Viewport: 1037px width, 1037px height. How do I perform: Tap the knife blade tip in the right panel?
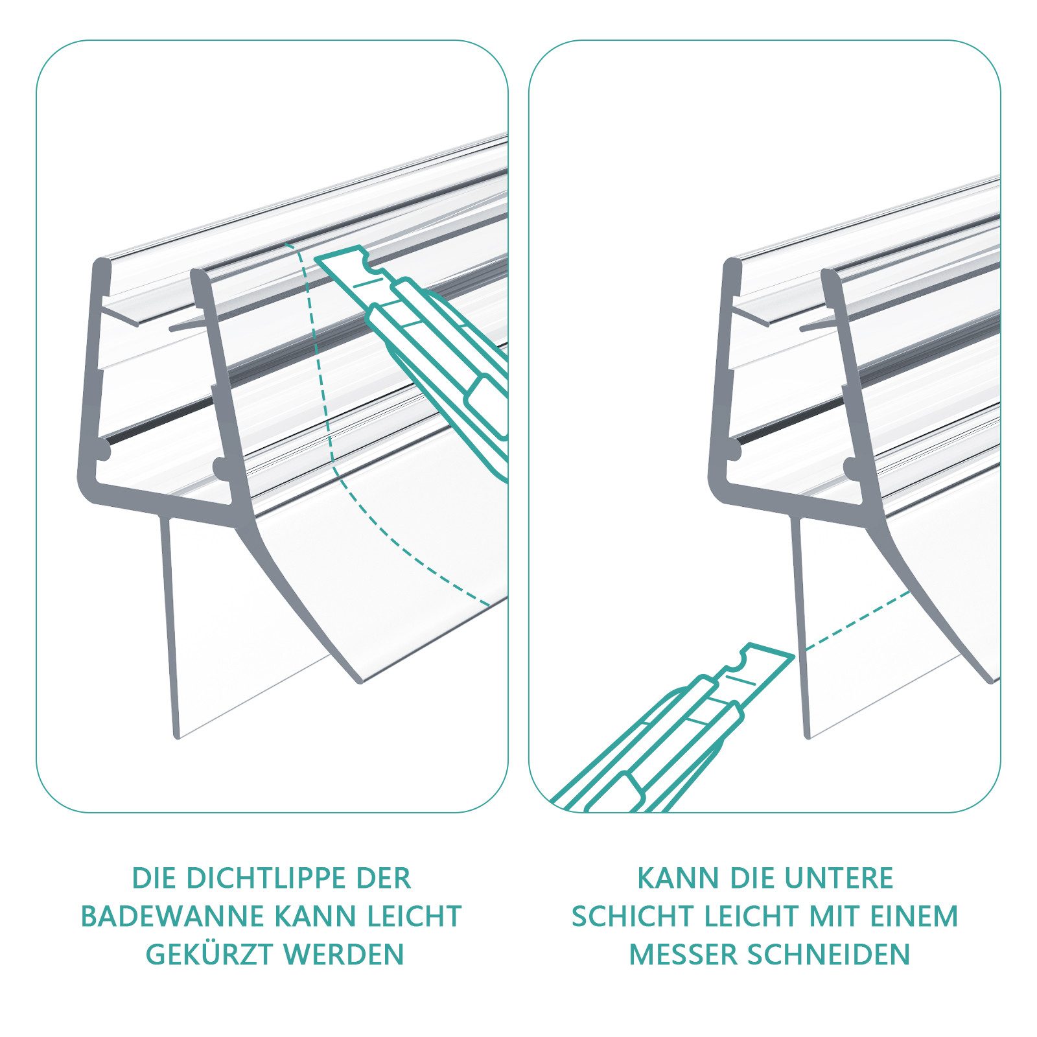[x=792, y=656]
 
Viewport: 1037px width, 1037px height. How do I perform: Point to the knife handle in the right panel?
[x=622, y=771]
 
